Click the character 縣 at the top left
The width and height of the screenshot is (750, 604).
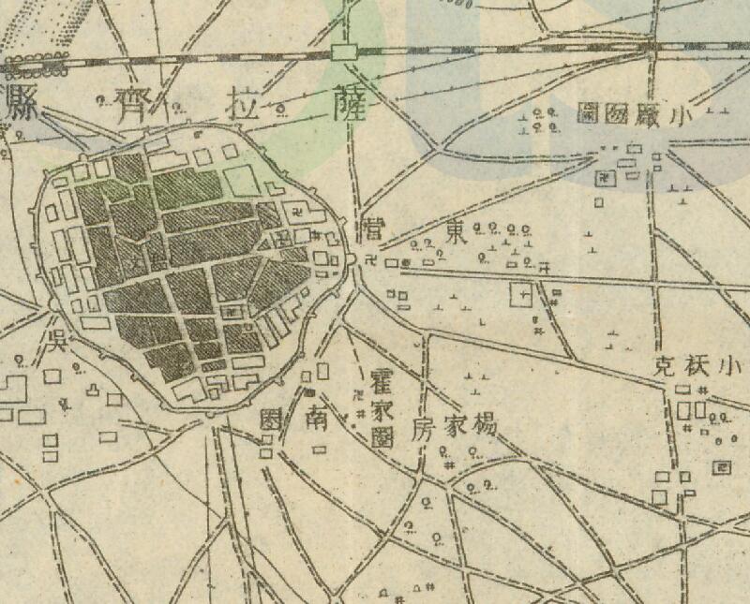pyautogui.click(x=17, y=101)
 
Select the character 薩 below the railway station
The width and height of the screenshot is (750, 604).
pyautogui.click(x=345, y=105)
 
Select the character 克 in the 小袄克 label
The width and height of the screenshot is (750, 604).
pyautogui.click(x=665, y=366)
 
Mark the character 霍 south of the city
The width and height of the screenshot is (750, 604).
pyautogui.click(x=381, y=377)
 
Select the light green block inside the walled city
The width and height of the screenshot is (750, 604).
pyautogui.click(x=240, y=180)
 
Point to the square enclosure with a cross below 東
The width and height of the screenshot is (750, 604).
pyautogui.click(x=521, y=295)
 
